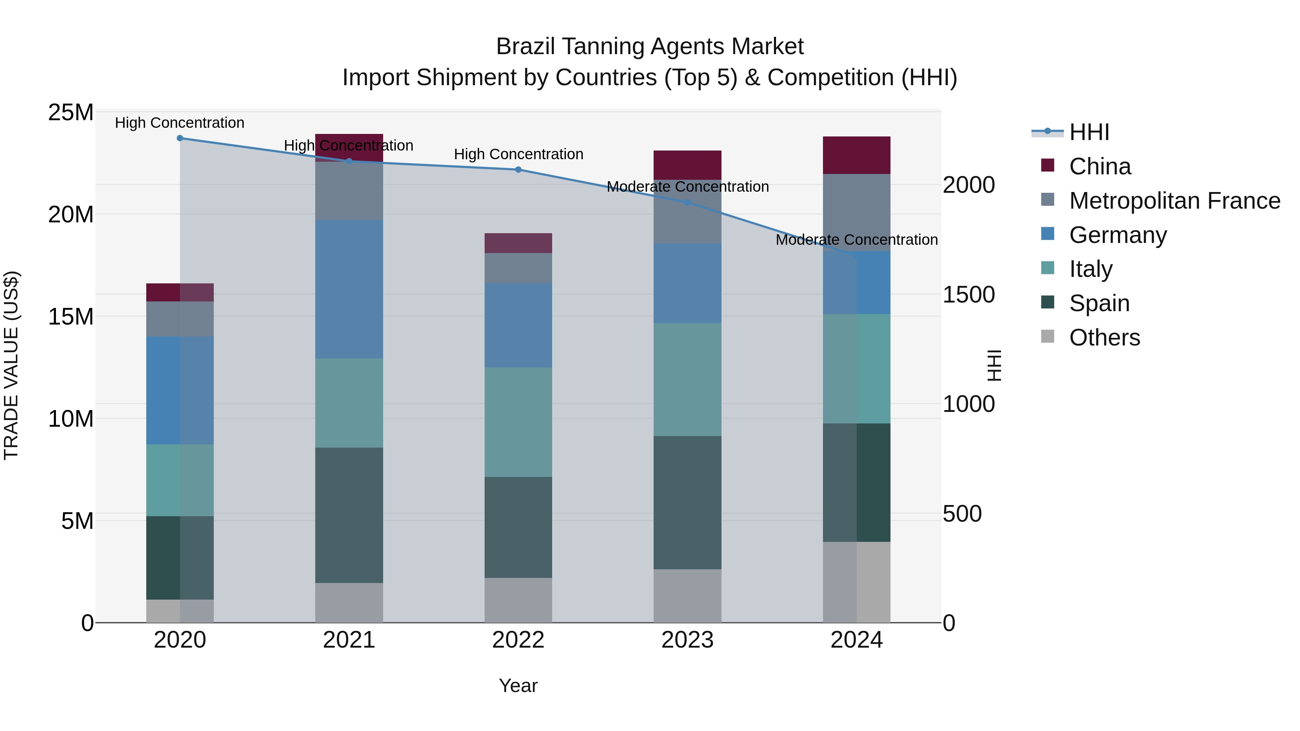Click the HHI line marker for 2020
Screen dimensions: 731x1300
coord(180,138)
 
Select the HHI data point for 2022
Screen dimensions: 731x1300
coord(518,170)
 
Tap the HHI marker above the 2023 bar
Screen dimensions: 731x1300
coord(687,202)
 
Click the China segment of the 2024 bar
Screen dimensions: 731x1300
coord(857,155)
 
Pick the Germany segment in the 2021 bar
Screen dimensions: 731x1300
coord(349,289)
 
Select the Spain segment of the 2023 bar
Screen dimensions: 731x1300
coord(687,502)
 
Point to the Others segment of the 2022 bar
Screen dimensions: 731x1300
coord(518,600)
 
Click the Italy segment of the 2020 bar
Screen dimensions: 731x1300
coord(180,480)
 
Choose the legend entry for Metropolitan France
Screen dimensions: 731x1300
coord(1174,201)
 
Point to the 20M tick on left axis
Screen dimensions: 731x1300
coord(71,215)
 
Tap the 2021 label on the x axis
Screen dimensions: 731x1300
coord(349,640)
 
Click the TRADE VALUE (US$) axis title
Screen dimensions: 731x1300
coord(11,365)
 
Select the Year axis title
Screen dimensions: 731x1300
coord(518,686)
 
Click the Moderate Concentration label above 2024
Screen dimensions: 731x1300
coord(857,240)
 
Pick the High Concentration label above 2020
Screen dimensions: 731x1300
coord(180,123)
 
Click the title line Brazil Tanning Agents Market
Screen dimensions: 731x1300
coord(650,47)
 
